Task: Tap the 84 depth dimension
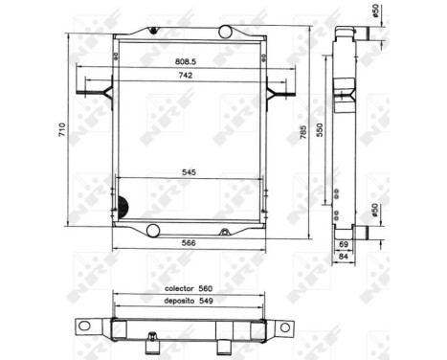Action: coord(344,257)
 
